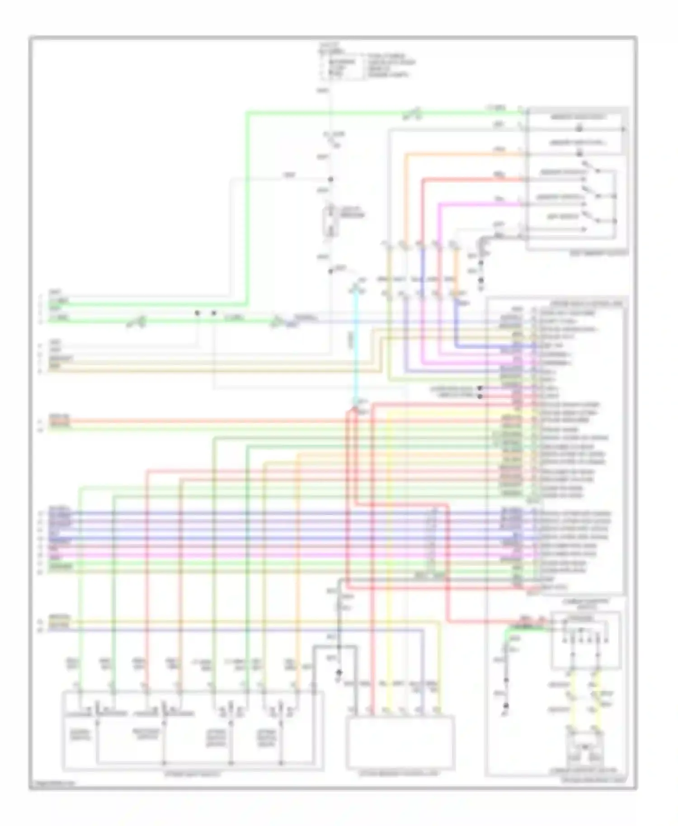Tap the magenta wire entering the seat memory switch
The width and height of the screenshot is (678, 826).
(x=479, y=204)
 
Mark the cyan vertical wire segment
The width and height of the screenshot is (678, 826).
(x=356, y=343)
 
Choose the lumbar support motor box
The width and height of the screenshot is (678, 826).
(x=585, y=750)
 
